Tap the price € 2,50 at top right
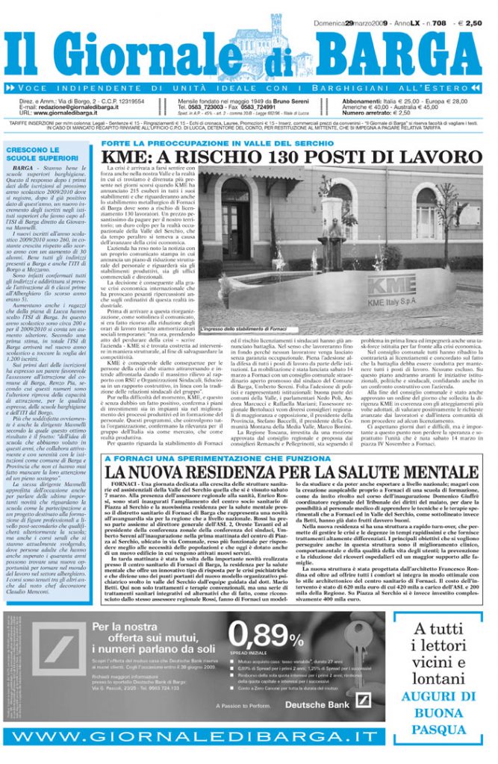tap(473, 23)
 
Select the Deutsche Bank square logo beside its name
tap(363, 701)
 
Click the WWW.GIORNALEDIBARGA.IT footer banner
tap(249, 739)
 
